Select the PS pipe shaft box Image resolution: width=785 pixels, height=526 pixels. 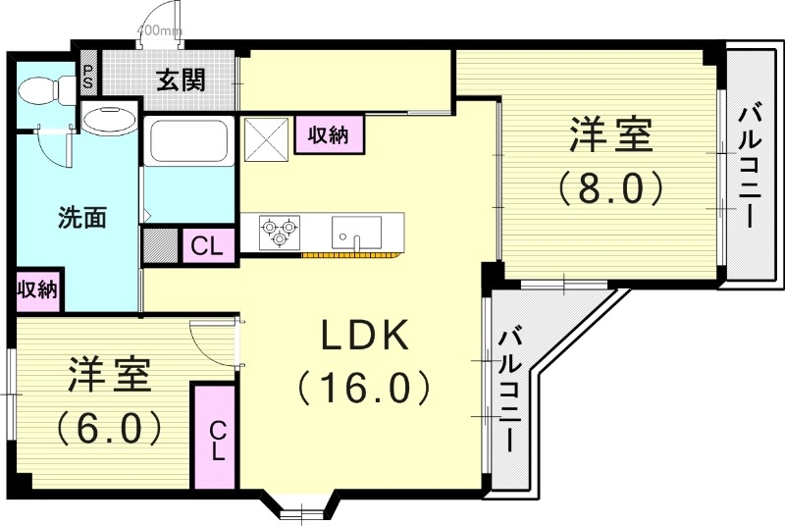[87, 77]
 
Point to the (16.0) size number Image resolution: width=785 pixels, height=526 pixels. [365, 389]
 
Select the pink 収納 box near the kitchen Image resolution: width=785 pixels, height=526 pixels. [329, 135]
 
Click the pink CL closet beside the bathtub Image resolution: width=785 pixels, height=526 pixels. [207, 245]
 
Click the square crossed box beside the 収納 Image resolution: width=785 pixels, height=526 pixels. [265, 135]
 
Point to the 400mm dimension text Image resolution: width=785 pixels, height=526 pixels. [159, 30]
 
